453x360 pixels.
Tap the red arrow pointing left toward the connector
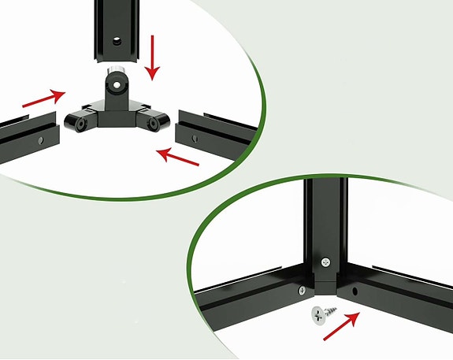(177, 155)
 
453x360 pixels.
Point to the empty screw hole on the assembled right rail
(355, 291)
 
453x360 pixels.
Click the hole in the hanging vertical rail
(115, 37)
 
